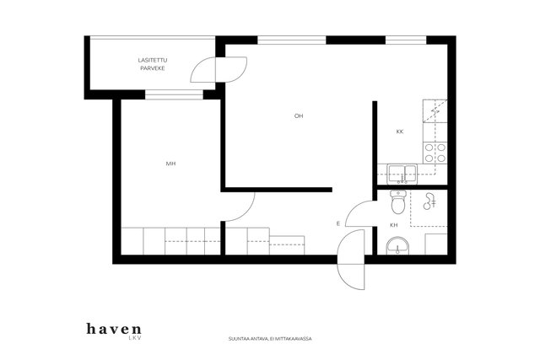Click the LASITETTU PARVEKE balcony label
(153, 64)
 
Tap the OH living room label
(299, 116)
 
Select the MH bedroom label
(170, 164)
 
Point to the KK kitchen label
(399, 132)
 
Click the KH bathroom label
(394, 225)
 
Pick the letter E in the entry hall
(338, 223)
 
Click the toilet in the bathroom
(398, 201)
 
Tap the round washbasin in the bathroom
(397, 245)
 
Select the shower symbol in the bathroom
(429, 201)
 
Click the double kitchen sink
(402, 175)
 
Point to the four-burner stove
(435, 153)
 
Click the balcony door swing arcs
(219, 69)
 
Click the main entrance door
(351, 260)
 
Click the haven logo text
(114, 329)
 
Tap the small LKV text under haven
(135, 338)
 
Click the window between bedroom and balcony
(174, 94)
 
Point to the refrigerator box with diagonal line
(435, 110)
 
